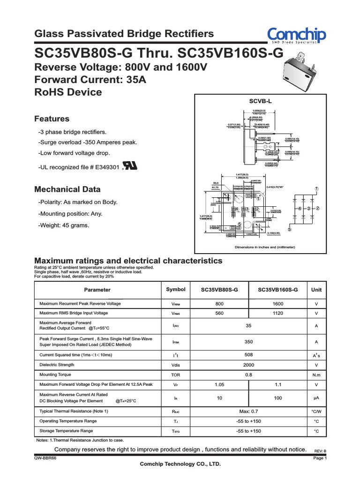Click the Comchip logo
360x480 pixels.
[x=296, y=36]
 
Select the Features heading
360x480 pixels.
[x=52, y=119]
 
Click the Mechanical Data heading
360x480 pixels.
[x=67, y=189]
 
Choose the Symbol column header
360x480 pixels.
[x=176, y=290]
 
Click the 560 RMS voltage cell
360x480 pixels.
[x=219, y=313]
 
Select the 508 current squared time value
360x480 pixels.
[x=248, y=355]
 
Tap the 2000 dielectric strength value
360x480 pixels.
[x=248, y=365]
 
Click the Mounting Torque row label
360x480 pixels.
[x=55, y=375]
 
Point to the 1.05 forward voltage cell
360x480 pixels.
[x=219, y=385]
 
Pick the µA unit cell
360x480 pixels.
[x=316, y=397]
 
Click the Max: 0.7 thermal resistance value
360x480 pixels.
[x=248, y=411]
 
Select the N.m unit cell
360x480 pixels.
[x=316, y=375]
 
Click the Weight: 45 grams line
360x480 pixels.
[x=64, y=225]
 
